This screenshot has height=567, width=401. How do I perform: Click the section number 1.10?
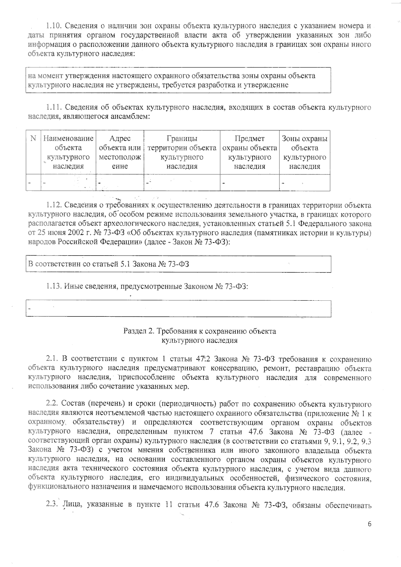pyautogui.click(x=53, y=26)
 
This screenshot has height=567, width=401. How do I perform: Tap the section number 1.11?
pyautogui.click(x=53, y=107)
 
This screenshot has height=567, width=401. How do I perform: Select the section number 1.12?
pyautogui.click(x=53, y=205)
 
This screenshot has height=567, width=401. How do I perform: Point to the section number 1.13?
pyautogui.click(x=53, y=286)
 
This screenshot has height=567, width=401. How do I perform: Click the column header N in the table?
pyautogui.click(x=33, y=139)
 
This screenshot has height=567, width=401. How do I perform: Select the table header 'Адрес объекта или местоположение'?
pyautogui.click(x=120, y=152)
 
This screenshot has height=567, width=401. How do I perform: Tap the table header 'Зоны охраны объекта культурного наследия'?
pyautogui.click(x=304, y=152)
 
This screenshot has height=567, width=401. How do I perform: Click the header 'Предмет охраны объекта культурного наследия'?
pyautogui.click(x=249, y=152)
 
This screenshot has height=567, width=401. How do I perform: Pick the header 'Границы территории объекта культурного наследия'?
pyautogui.click(x=182, y=152)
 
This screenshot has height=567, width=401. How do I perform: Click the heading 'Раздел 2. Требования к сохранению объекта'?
pyautogui.click(x=200, y=331)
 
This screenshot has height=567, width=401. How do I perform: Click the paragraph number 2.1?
pyautogui.click(x=52, y=359)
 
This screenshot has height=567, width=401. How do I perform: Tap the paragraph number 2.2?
pyautogui.click(x=52, y=404)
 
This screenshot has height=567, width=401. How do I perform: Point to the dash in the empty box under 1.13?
pyautogui.click(x=29, y=308)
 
